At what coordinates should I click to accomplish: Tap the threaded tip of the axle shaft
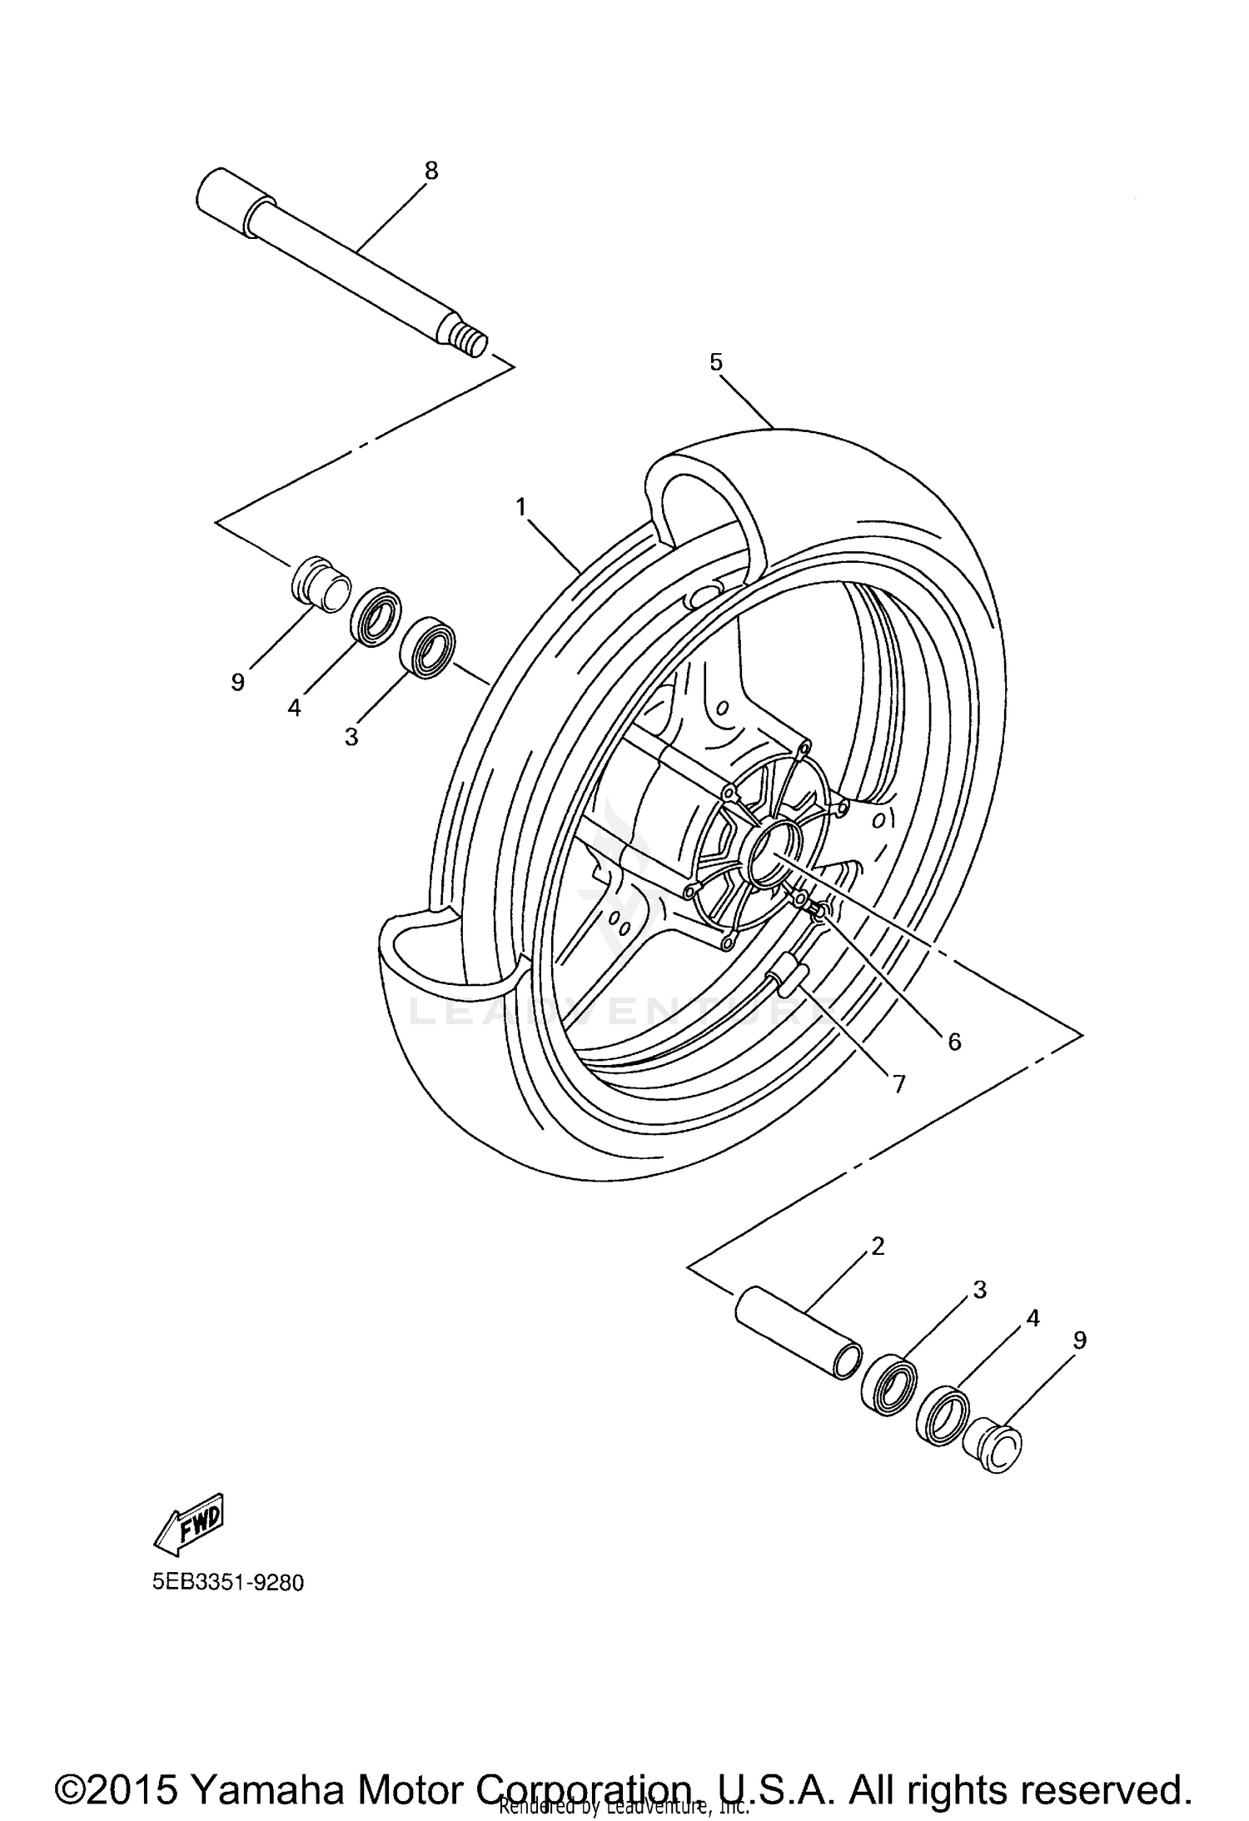click(471, 341)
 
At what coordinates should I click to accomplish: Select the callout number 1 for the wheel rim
click(521, 506)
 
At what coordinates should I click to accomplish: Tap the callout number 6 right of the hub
click(954, 1041)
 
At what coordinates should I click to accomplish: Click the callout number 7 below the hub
click(898, 1083)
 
